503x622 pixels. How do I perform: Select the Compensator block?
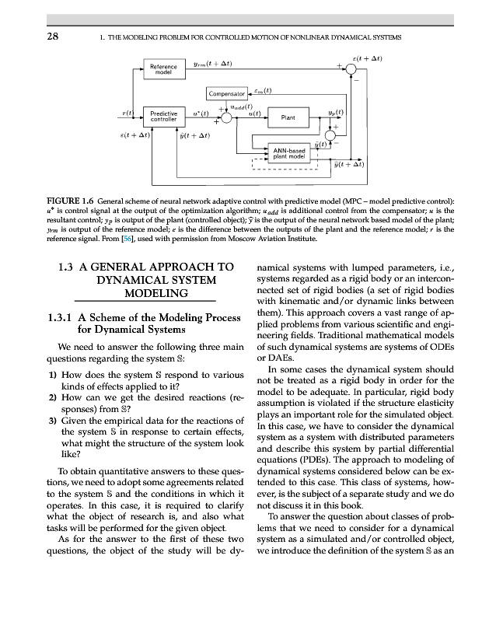226,95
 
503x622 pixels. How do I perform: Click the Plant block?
288,118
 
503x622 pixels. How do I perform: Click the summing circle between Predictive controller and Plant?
227,118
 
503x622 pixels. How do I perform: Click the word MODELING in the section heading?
159,293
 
